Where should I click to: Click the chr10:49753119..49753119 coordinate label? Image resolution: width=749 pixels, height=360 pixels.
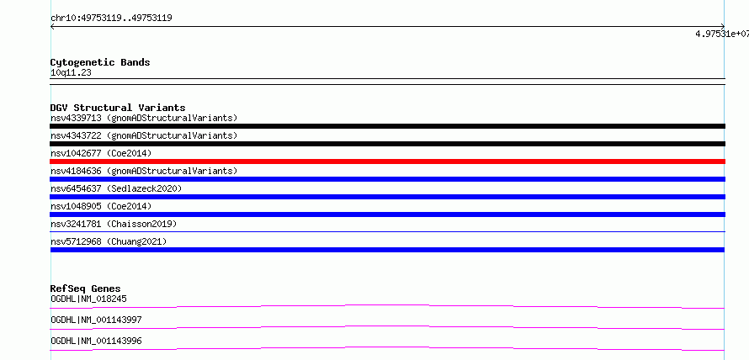[x=111, y=19]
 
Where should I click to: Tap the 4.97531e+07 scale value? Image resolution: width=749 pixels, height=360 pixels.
[x=722, y=34]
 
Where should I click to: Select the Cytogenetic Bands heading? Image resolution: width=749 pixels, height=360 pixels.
[x=100, y=62]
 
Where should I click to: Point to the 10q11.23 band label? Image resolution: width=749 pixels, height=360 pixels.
[x=71, y=73]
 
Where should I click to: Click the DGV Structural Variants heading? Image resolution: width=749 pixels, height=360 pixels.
[x=118, y=108]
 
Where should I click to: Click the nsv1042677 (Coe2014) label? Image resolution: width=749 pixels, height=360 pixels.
[x=101, y=153]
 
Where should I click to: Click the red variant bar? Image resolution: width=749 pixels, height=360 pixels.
[x=387, y=161]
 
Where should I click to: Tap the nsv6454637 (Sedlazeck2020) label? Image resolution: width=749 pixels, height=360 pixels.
[x=116, y=188]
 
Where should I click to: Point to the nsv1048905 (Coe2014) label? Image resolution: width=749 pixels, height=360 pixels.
[x=101, y=206]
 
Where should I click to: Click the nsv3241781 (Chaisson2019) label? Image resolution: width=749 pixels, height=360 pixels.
[x=114, y=224]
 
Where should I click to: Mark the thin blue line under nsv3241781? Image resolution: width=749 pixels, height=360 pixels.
[x=387, y=231]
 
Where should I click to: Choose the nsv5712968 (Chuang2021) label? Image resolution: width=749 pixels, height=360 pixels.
[x=109, y=241]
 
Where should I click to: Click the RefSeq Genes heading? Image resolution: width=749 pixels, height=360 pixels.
[x=86, y=289]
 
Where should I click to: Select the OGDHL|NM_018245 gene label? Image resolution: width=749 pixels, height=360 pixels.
[x=88, y=299]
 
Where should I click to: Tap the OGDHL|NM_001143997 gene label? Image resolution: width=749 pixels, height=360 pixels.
[x=96, y=320]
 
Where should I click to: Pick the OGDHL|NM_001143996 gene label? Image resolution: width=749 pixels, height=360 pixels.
[x=96, y=341]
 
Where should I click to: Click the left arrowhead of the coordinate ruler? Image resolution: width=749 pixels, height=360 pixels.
[x=51, y=27]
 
